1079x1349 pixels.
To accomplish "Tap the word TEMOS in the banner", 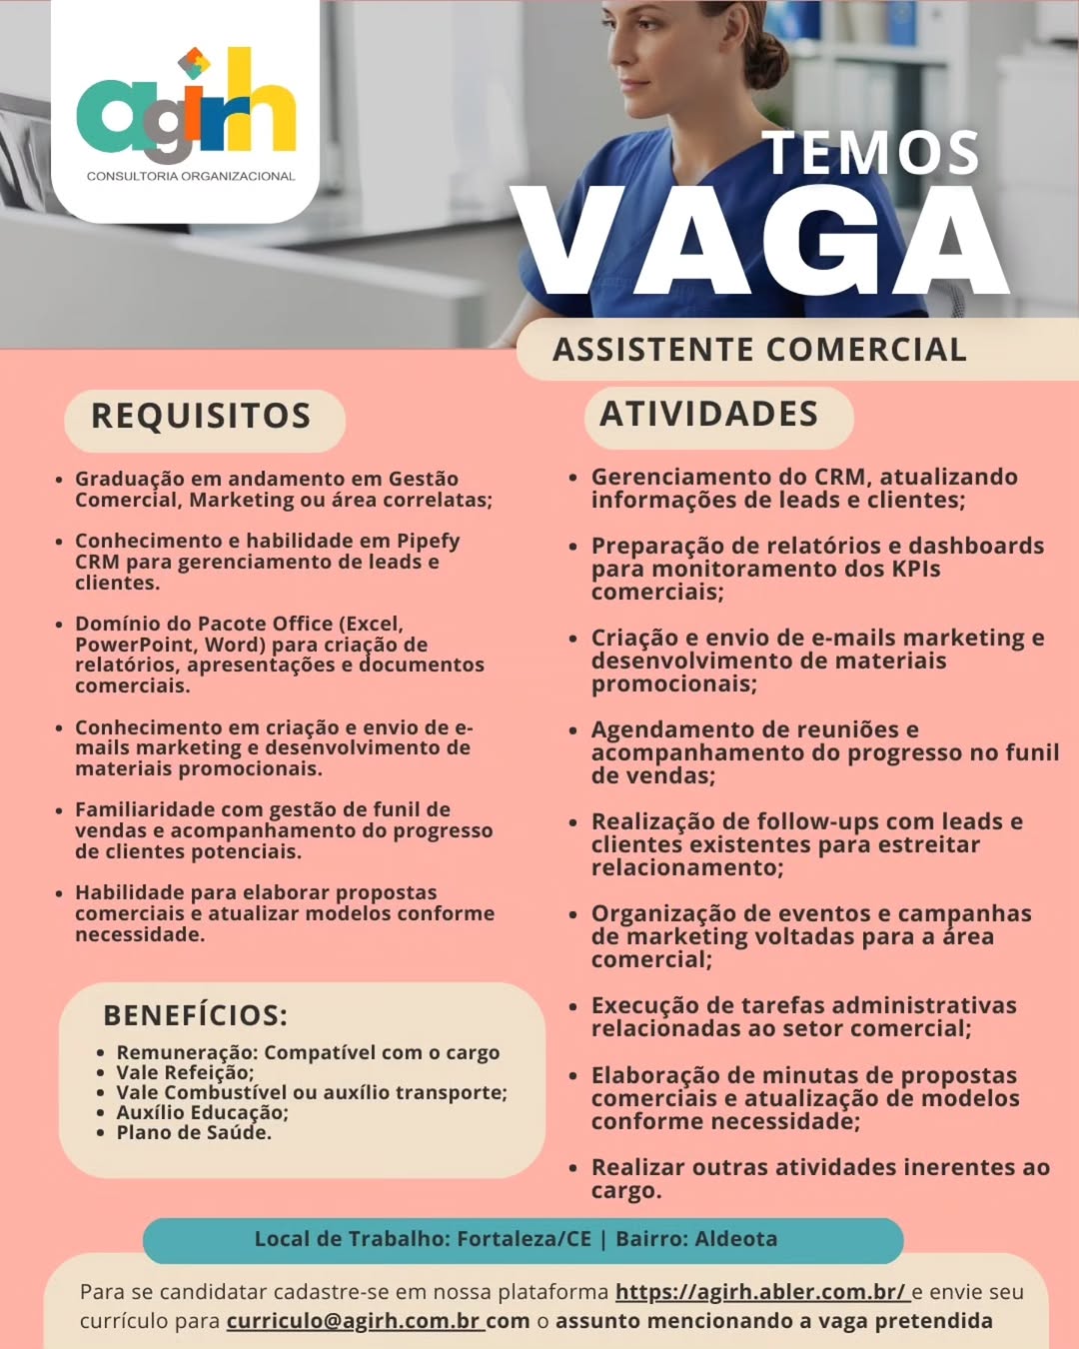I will point(871,153).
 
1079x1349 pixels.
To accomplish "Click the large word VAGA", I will point(764,243).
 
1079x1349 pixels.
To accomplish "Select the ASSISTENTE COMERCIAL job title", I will point(759,350).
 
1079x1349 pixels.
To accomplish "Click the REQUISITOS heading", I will point(201,416).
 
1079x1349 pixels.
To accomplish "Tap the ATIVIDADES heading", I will point(708,414).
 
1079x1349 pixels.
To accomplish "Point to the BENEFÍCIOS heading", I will point(195,1015).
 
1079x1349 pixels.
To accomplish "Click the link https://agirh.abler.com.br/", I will point(760,1292).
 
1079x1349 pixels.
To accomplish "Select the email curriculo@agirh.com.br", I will point(355,1321).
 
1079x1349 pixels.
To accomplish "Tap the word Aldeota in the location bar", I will point(736,1239).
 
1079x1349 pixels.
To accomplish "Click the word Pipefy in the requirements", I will point(428,541).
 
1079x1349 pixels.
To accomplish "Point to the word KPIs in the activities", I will point(917,569).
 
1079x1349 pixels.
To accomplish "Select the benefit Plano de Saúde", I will point(194,1132).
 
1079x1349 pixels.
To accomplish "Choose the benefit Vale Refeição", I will point(185,1072).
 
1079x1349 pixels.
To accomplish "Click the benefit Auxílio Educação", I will point(202,1112).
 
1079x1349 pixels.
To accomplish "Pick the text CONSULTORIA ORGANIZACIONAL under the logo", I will point(191,176).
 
